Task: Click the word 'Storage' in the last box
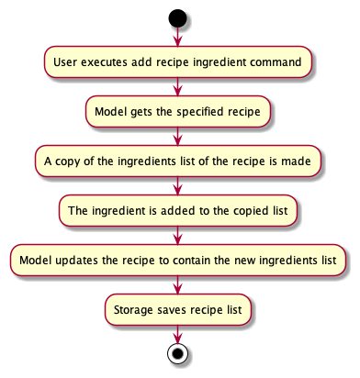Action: click(133, 309)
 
